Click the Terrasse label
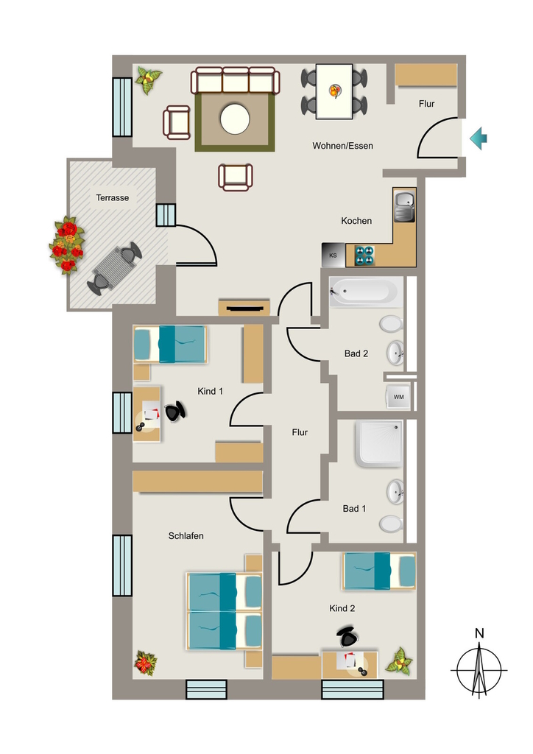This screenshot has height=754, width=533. click(x=113, y=197)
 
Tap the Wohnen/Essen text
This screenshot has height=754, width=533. click(x=342, y=146)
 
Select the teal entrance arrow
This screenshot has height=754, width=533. click(x=479, y=138)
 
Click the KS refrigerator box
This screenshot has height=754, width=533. click(x=333, y=256)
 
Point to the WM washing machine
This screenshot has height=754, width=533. click(x=398, y=397)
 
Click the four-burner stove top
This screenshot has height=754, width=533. click(x=364, y=256)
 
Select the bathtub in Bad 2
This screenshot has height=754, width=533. click(x=366, y=292)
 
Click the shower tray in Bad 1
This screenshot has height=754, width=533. click(x=378, y=444)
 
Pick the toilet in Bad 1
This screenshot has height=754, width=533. click(x=391, y=524)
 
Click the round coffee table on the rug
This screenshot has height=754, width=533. click(x=235, y=119)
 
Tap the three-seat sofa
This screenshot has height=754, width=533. click(x=236, y=80)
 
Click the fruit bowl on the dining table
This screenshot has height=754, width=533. click(x=335, y=91)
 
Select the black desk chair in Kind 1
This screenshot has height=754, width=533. click(x=175, y=412)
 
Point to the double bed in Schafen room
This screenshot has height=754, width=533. click(x=224, y=610)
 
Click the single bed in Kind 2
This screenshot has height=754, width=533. click(x=379, y=571)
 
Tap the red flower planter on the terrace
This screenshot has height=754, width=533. click(x=66, y=245)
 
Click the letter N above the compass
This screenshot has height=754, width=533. click(x=479, y=633)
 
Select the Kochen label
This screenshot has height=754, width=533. click(x=356, y=221)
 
